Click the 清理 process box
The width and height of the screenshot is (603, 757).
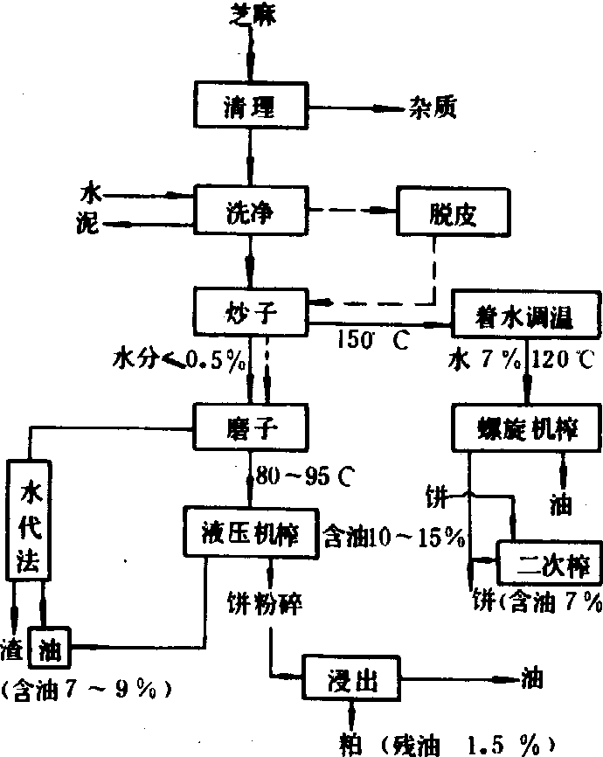pos(250,107)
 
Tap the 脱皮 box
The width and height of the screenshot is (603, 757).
pos(451,212)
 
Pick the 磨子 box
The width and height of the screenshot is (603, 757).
pos(250,427)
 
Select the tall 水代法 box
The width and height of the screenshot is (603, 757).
pos(30,523)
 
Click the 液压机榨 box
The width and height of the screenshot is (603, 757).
pos(250,532)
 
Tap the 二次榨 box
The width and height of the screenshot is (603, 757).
pos(541,562)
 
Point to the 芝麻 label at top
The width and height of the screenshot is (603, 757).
pos(251,12)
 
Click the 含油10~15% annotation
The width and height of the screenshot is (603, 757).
pos(393,536)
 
